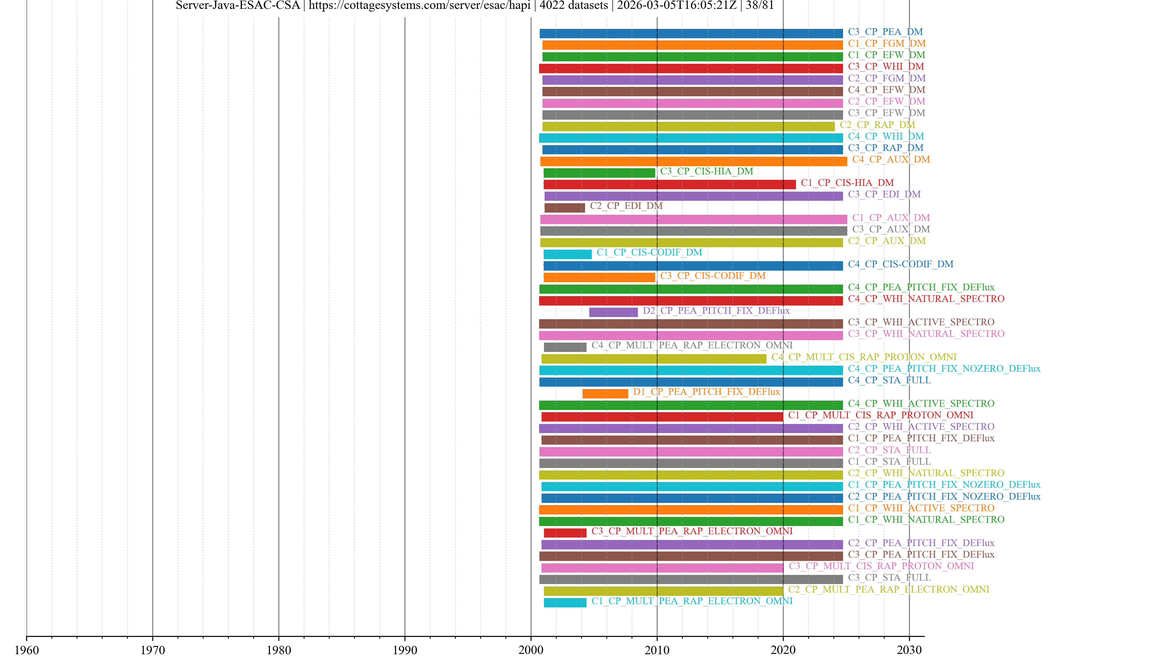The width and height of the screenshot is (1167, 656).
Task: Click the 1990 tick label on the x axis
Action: pos(404,650)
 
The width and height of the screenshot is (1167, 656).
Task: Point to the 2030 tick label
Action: pos(909,650)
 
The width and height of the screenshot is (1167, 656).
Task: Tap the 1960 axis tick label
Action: pos(27,650)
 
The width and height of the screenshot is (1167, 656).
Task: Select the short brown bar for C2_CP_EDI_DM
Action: pos(564,208)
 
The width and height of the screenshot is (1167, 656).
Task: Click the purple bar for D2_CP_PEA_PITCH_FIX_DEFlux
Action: pos(613,312)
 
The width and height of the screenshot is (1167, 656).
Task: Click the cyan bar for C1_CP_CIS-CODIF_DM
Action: pos(567,254)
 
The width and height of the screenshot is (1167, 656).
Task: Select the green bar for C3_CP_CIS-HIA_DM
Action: pos(599,173)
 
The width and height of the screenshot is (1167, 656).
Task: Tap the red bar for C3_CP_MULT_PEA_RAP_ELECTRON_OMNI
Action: pos(565,533)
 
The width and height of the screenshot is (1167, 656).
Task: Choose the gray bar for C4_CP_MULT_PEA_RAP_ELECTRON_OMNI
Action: pos(565,347)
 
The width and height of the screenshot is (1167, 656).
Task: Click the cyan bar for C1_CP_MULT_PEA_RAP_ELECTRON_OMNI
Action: pos(565,603)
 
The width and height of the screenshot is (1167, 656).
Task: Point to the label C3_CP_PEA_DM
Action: pos(885,32)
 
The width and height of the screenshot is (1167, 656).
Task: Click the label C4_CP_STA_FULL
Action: pos(889,380)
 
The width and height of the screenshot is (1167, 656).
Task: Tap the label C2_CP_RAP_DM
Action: pos(877,125)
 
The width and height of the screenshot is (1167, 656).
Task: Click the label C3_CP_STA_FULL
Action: pos(889,578)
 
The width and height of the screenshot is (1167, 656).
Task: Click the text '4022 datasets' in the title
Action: pos(573,5)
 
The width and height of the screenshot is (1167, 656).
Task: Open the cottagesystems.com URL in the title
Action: pos(419,5)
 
